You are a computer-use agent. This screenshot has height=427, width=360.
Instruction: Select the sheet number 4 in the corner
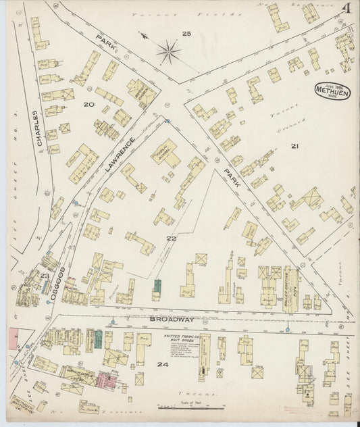pos(345,11)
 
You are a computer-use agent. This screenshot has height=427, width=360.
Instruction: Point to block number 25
pos(186,33)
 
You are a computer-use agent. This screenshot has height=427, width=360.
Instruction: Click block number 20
pos(88,105)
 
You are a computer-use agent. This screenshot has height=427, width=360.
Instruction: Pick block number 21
pos(294,146)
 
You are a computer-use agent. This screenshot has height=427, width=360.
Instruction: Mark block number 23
pos(45,276)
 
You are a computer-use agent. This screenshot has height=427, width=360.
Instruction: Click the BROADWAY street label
pos(174,318)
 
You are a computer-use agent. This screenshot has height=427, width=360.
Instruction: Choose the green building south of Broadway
pos(98,338)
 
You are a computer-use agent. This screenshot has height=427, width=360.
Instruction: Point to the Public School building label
pos(163,153)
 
